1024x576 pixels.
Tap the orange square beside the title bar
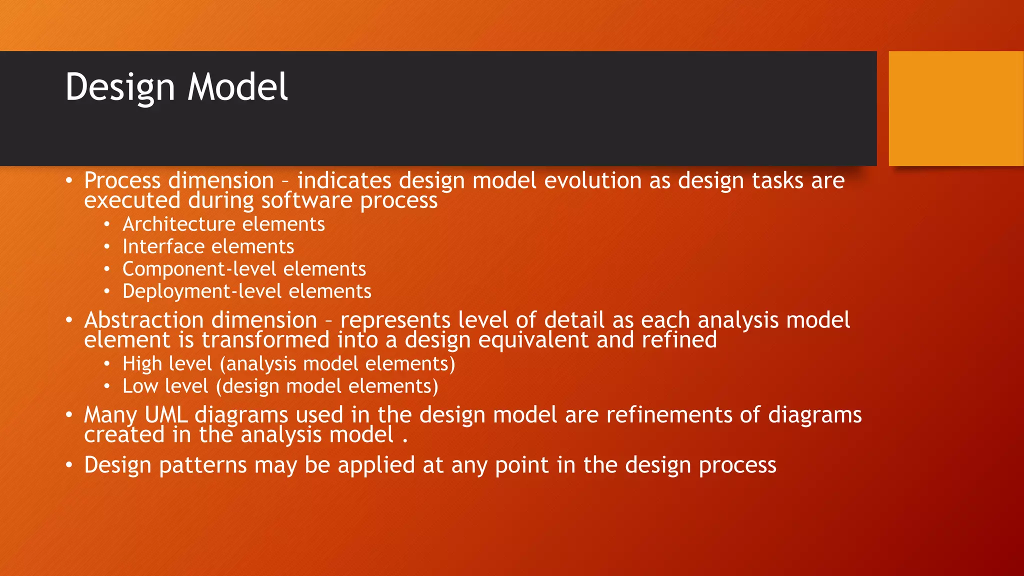point(955,108)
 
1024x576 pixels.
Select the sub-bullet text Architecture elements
point(223,224)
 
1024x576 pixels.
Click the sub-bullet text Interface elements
point(208,246)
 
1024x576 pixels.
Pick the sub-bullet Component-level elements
point(244,269)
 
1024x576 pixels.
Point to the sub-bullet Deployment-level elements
point(246,291)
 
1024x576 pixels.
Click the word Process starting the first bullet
point(122,180)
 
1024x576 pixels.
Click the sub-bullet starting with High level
point(288,363)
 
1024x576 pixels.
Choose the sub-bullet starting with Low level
point(280,386)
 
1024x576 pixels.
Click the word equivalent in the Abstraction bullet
point(533,340)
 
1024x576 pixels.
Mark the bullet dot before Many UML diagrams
point(69,415)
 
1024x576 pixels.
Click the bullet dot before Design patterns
point(69,465)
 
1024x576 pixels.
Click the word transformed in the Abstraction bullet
point(265,340)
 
